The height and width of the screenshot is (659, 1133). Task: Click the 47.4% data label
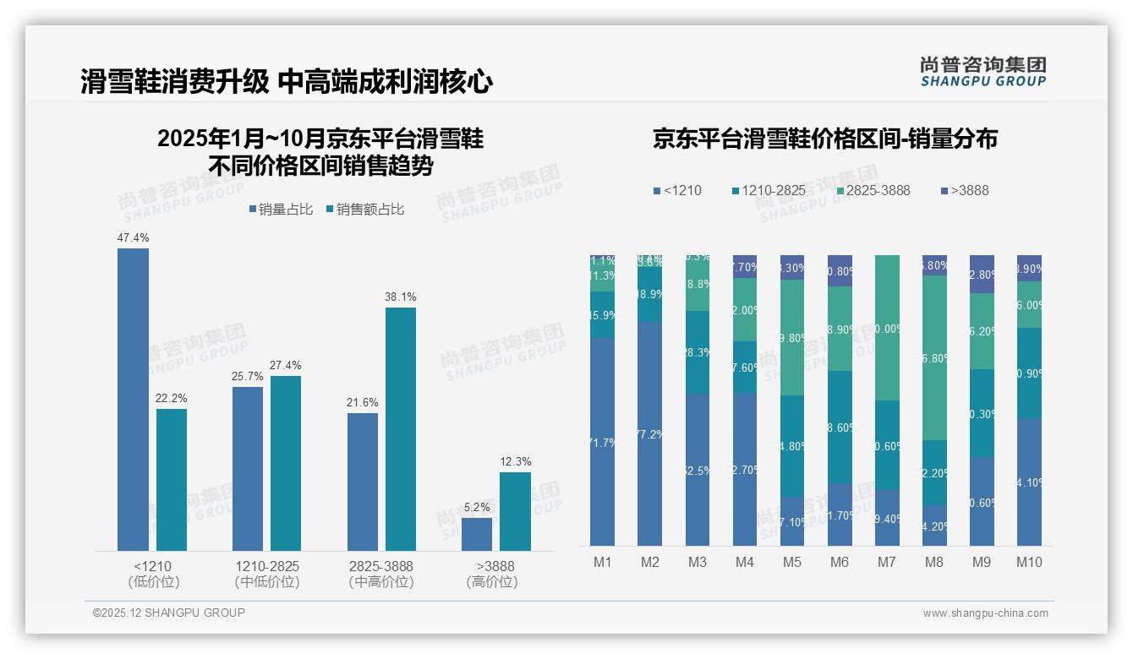click(x=133, y=237)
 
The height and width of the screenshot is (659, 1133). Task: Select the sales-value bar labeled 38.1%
click(x=401, y=428)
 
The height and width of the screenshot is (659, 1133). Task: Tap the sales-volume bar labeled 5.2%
click(x=477, y=534)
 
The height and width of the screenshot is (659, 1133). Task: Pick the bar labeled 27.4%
click(x=286, y=463)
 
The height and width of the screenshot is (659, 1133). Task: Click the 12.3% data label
click(x=516, y=461)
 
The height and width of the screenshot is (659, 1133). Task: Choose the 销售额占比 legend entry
click(x=364, y=210)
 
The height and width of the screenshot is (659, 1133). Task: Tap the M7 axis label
click(x=887, y=562)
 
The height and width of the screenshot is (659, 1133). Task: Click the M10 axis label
click(x=1029, y=562)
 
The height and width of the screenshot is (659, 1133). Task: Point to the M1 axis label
click(x=603, y=562)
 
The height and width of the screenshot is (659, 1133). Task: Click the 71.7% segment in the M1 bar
click(x=603, y=442)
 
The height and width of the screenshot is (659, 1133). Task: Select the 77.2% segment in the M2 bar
click(x=650, y=433)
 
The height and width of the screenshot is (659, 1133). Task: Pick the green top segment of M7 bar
click(x=887, y=327)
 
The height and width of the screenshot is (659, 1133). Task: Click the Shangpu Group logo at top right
click(x=982, y=72)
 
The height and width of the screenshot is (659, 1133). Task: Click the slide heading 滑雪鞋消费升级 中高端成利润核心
click(x=287, y=82)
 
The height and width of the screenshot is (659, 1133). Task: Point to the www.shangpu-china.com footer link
click(x=985, y=613)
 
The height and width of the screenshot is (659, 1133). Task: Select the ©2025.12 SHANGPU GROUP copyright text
click(x=169, y=613)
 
